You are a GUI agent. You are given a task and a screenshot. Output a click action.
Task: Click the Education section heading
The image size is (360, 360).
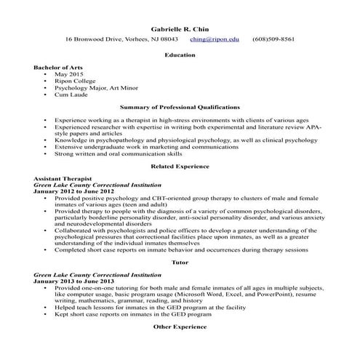(180, 55)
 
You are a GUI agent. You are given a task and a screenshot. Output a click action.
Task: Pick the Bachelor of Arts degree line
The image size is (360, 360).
(58, 67)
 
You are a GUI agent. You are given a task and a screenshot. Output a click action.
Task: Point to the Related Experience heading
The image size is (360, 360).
(180, 167)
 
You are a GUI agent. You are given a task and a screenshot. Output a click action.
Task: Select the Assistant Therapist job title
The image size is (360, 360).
(62, 179)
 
